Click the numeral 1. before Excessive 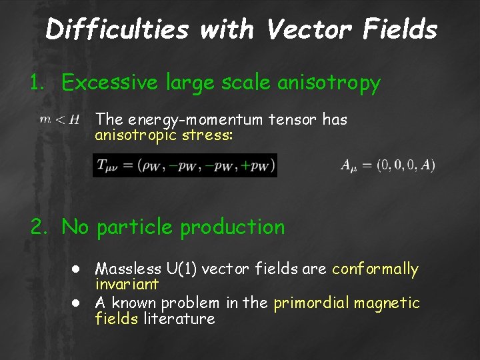pyautogui.click(x=39, y=83)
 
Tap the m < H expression pyautogui.click(x=59, y=120)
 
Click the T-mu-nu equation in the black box pyautogui.click(x=185, y=165)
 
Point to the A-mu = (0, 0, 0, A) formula pyautogui.click(x=387, y=165)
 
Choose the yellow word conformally pyautogui.click(x=375, y=269)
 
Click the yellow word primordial pyautogui.click(x=311, y=303)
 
